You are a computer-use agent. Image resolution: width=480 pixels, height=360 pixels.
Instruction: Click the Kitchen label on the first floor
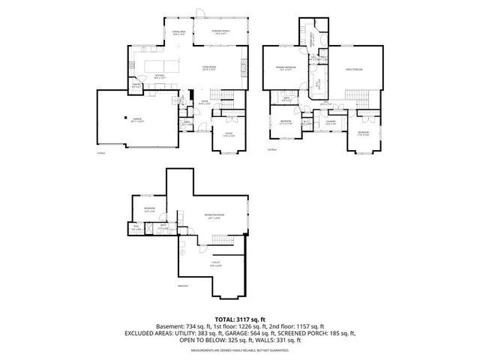click(160, 76)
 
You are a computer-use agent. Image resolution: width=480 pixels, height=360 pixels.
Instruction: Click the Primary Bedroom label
click(283, 68)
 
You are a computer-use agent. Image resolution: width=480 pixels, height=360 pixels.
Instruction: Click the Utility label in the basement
click(215, 264)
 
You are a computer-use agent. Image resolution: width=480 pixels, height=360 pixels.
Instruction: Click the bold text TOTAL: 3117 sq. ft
click(240, 319)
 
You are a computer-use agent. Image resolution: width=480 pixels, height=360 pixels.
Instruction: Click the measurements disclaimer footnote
click(240, 350)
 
